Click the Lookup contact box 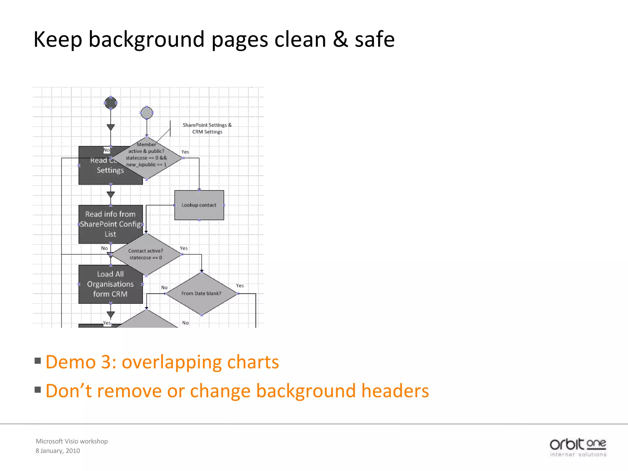pyautogui.click(x=199, y=205)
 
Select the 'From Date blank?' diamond pyautogui.click(x=201, y=293)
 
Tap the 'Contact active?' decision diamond pyautogui.click(x=146, y=254)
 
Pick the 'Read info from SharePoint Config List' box pyautogui.click(x=110, y=224)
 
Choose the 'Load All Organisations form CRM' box pyautogui.click(x=110, y=284)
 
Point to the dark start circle pyautogui.click(x=111, y=103)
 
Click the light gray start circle pyautogui.click(x=147, y=113)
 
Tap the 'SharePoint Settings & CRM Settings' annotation pyautogui.click(x=207, y=128)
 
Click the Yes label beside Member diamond pyautogui.click(x=185, y=152)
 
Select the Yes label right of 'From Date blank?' pyautogui.click(x=240, y=285)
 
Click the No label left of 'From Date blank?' pyautogui.click(x=164, y=287)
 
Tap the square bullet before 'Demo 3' pyautogui.click(x=38, y=361)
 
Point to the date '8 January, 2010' pyautogui.click(x=58, y=451)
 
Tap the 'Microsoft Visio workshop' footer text pyautogui.click(x=72, y=441)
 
